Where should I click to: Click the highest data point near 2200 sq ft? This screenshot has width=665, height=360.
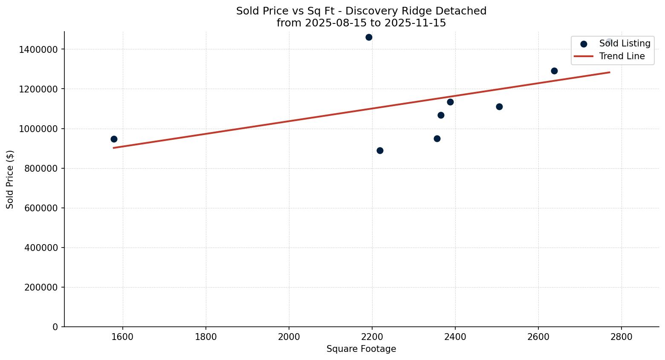tap(369, 37)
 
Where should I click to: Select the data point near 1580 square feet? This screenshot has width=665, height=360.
tap(114, 139)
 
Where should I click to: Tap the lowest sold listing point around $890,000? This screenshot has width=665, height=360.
tap(380, 151)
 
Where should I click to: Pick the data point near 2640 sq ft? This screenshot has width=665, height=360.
tap(554, 71)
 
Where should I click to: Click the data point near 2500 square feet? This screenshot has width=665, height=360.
tap(499, 107)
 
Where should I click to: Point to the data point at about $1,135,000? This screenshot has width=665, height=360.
tap(450, 102)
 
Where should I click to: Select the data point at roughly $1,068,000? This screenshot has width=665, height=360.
tap(441, 115)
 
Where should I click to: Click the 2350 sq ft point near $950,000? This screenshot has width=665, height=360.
tap(437, 139)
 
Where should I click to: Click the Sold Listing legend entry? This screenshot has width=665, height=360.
tap(625, 43)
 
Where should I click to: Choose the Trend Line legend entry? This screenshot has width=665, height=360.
tap(622, 56)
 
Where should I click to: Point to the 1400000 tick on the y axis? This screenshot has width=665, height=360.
tap(38, 49)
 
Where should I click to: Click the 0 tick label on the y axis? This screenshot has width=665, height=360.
tap(55, 327)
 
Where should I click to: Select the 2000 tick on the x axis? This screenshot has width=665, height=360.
tap(289, 336)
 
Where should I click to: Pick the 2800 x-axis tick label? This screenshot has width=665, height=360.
tap(621, 336)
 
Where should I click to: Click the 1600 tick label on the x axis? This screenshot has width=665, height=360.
tap(123, 336)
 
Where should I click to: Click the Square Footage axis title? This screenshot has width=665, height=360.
tap(361, 349)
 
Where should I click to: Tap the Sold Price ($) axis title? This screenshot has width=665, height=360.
tap(10, 179)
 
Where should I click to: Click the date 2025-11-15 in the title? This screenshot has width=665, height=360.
tap(415, 23)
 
